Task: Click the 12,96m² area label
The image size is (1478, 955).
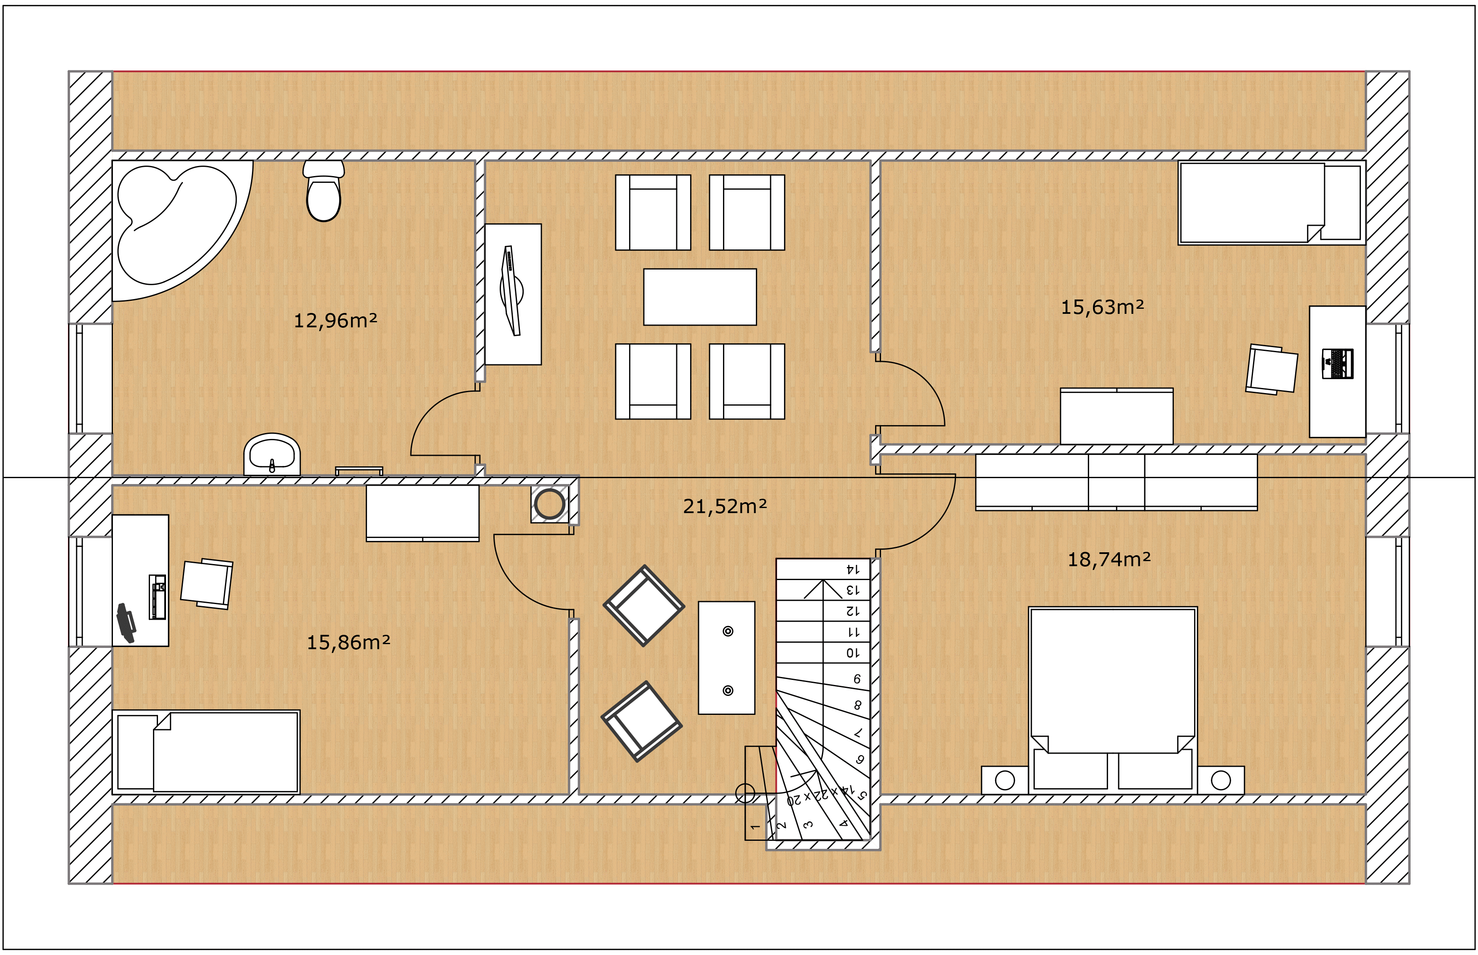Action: click(335, 321)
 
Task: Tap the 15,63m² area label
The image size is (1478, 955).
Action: click(1102, 307)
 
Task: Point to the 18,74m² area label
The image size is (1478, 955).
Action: click(1109, 560)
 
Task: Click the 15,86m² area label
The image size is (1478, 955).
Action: click(348, 642)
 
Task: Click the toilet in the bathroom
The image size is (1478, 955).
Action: click(323, 190)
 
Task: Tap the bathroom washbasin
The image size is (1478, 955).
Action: click(272, 455)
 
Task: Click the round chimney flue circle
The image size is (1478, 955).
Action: click(549, 503)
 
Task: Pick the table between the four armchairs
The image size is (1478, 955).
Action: click(700, 297)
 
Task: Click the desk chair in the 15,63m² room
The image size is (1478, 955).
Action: click(1272, 369)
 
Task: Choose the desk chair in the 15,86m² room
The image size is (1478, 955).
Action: click(206, 583)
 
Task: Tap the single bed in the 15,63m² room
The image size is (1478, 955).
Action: click(1272, 203)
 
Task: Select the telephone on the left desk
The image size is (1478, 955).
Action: click(126, 623)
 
